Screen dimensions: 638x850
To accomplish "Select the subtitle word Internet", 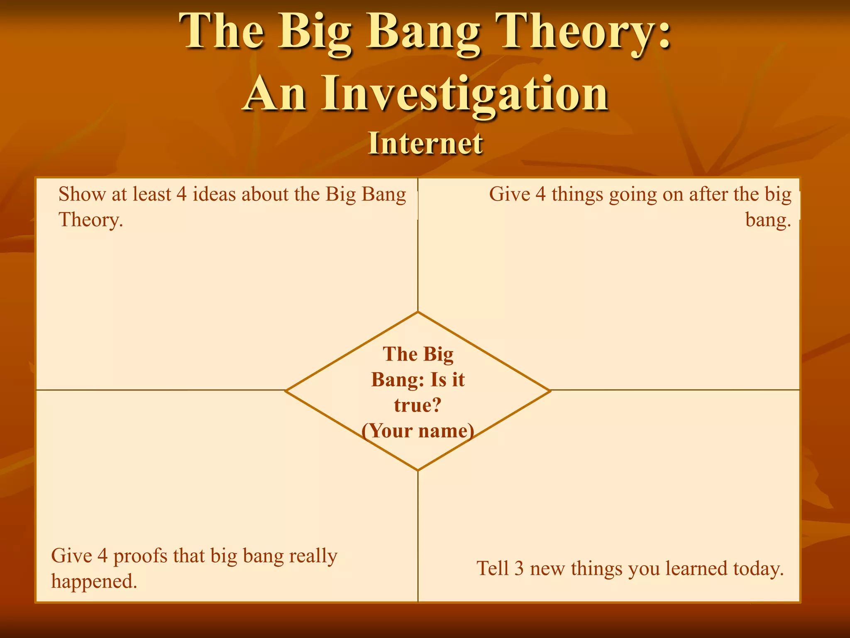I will (x=425, y=143).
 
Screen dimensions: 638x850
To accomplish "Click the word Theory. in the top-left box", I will (x=91, y=219).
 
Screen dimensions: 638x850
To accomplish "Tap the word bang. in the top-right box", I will (x=768, y=219).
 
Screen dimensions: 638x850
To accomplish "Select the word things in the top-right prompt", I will (x=577, y=194).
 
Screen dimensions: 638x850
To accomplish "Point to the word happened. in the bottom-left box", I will (x=94, y=581).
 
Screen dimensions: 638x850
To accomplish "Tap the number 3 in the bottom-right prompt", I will (x=519, y=568).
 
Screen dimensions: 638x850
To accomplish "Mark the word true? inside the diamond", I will (x=418, y=405).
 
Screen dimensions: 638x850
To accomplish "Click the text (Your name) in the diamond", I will (x=418, y=431).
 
